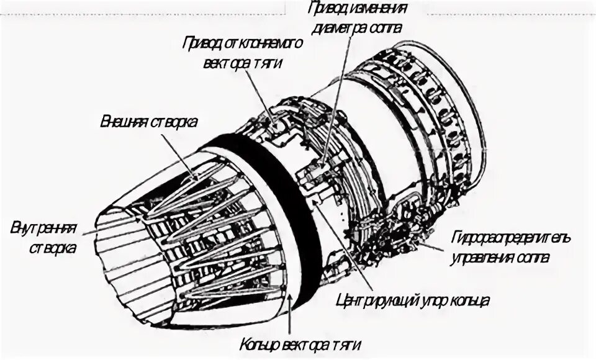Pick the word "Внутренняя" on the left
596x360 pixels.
pos(43,229)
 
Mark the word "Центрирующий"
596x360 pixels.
pos(371,301)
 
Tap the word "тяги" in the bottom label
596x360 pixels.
pos(343,345)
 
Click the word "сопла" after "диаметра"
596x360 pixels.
pos(386,27)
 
